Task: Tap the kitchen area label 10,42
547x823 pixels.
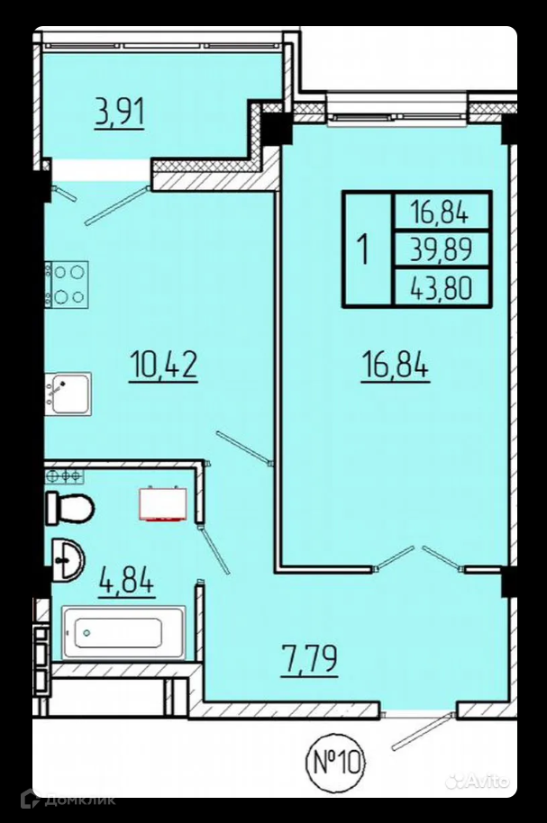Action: pos(163,365)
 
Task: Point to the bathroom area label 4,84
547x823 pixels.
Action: pos(127,581)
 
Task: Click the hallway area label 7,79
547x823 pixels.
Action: pos(309,659)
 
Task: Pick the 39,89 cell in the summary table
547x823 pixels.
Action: pos(442,249)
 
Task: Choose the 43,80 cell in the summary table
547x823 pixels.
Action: pos(442,287)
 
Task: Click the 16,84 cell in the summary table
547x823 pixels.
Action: pos(442,212)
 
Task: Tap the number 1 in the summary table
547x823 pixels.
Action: pos(363,249)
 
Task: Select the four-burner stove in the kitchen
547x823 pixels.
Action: pos(68,284)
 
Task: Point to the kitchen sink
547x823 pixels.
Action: pos(68,394)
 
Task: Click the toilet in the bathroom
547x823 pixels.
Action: pos(70,508)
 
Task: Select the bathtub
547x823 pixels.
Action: pos(124,632)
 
